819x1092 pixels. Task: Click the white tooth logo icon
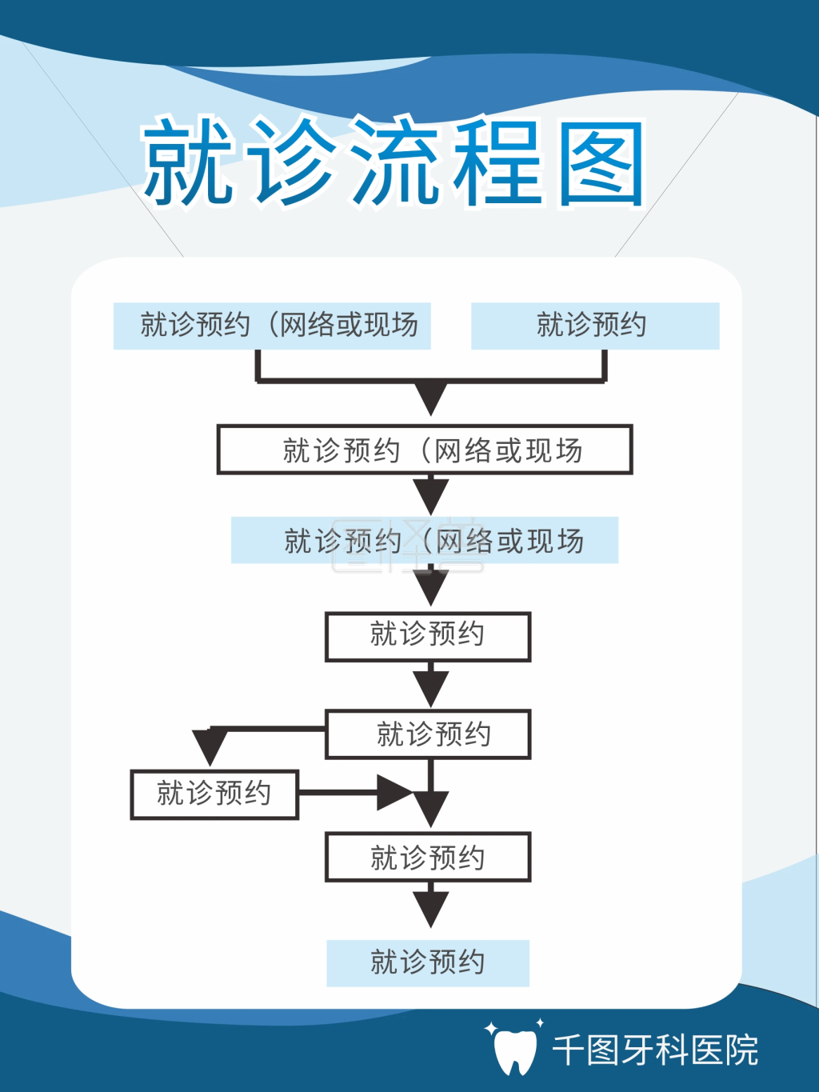pos(514,1050)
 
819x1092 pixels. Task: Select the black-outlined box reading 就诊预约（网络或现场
pos(425,450)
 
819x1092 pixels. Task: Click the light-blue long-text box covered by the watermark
pos(425,540)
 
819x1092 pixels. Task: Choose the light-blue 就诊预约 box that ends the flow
pos(428,962)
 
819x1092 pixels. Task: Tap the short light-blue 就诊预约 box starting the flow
pos(595,326)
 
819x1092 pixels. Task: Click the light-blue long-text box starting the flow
pos(272,326)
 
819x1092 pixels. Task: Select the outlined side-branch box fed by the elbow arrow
pos(214,794)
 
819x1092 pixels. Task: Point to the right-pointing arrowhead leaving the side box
pos(394,793)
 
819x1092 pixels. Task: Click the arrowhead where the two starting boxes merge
pos(431,396)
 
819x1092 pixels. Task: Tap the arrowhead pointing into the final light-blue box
pos(431,908)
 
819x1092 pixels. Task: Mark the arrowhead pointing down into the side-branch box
pos(210,746)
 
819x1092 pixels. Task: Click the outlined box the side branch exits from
pos(428,734)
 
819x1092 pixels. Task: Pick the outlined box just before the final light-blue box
pos(428,858)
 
